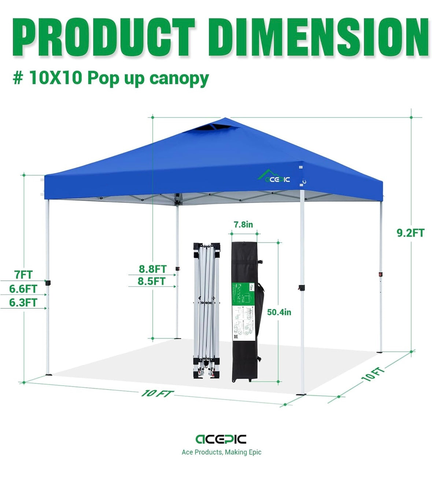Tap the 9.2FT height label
(410, 233)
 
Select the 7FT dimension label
(23, 274)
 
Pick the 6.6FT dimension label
(23, 289)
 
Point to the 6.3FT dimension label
(23, 303)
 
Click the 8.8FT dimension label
(152, 269)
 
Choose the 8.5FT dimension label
(152, 281)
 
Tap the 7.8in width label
(243, 224)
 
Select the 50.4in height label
(279, 312)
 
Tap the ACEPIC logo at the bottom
(221, 439)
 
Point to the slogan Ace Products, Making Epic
(221, 452)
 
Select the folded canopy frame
(207, 310)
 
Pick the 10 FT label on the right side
(373, 374)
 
